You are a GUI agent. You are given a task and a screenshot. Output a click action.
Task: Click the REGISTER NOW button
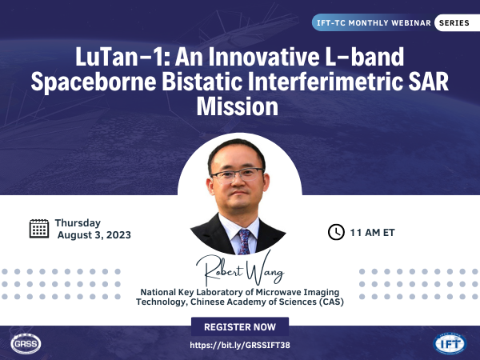click(x=240, y=326)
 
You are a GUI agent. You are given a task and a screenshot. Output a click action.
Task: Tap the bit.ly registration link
click(x=240, y=346)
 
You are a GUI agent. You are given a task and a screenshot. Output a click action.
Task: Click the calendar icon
click(x=39, y=229)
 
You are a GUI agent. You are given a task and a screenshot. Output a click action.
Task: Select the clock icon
click(x=336, y=232)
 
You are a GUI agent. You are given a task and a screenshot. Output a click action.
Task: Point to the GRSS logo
click(x=26, y=343)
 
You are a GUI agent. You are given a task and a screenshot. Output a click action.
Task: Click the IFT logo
click(x=450, y=343)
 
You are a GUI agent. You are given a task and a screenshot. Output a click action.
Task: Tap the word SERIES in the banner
click(x=454, y=23)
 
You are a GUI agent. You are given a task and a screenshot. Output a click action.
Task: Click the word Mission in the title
click(x=238, y=106)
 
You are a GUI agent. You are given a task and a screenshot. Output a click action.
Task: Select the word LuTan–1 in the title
click(x=120, y=57)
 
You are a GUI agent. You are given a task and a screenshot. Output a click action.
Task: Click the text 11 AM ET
click(x=372, y=233)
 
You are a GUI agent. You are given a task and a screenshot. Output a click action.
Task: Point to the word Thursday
click(x=78, y=223)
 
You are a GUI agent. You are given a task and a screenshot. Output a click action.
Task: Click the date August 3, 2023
click(x=94, y=235)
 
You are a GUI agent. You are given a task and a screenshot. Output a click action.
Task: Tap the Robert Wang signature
click(x=240, y=270)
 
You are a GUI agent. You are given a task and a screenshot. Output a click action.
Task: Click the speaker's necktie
click(x=245, y=242)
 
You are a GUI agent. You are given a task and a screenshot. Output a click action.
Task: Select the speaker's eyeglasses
click(x=238, y=174)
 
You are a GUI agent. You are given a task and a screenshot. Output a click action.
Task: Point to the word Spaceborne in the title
click(x=94, y=82)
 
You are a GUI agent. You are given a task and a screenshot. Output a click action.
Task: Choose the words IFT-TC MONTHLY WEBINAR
click(x=374, y=23)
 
